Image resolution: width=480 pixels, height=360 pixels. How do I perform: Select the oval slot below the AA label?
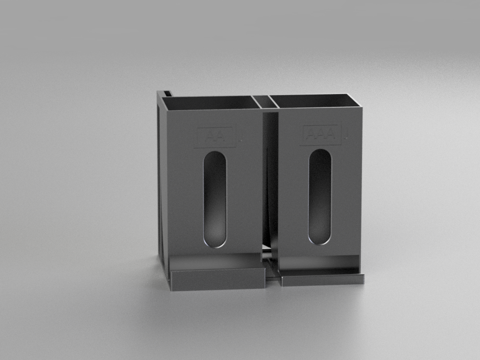[x=215, y=198]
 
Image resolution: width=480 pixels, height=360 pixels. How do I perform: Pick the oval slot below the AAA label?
[x=320, y=196]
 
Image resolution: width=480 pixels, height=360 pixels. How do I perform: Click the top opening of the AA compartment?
[x=212, y=103]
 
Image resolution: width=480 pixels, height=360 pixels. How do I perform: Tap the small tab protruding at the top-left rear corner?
[x=165, y=91]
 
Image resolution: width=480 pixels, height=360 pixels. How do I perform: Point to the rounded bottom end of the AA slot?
[x=215, y=240]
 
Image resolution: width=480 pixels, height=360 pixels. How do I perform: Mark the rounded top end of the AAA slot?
[x=320, y=154]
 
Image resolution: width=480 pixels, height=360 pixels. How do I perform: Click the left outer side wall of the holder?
[x=162, y=184]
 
